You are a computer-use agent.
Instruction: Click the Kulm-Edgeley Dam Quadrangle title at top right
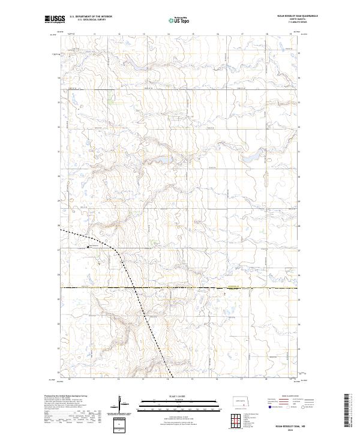pyautogui.click(x=281, y=16)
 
